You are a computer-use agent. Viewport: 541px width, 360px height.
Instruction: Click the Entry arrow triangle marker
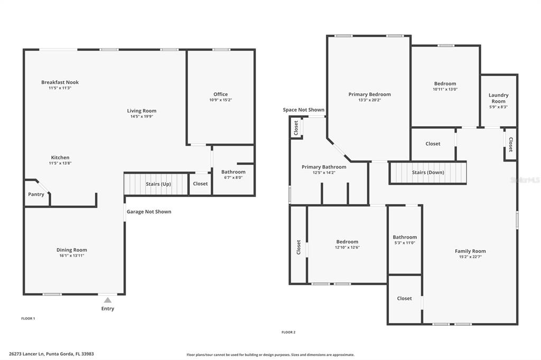click(x=108, y=300)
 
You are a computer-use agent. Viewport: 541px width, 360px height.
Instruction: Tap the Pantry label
click(x=36, y=194)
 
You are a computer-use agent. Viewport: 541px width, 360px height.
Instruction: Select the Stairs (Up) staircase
click(x=156, y=184)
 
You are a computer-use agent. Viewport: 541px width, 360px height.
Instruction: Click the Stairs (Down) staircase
click(x=428, y=173)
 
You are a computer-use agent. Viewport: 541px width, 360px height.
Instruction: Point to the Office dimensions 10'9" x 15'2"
click(x=220, y=100)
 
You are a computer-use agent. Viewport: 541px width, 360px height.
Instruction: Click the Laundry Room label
click(x=498, y=98)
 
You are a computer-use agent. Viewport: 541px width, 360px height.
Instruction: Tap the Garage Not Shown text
click(x=148, y=212)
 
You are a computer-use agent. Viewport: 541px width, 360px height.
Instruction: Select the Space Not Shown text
click(x=304, y=110)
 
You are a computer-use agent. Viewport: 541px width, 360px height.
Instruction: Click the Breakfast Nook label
click(x=60, y=82)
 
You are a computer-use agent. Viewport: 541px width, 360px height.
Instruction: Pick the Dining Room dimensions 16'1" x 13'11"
click(x=72, y=255)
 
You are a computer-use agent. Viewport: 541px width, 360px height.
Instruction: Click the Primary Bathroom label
click(x=324, y=167)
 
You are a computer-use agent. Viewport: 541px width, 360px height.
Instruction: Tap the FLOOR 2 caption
click(x=288, y=332)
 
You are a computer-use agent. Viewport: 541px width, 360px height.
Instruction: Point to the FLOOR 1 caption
click(x=28, y=318)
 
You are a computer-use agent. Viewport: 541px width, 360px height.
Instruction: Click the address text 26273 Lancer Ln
click(x=26, y=354)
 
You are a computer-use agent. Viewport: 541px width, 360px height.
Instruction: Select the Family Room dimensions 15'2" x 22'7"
click(x=470, y=257)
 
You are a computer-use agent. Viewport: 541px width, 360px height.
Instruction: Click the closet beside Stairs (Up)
click(x=200, y=184)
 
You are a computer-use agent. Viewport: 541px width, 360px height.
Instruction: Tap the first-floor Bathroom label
click(x=233, y=172)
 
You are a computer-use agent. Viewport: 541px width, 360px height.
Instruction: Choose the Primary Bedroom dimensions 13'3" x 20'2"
click(x=369, y=100)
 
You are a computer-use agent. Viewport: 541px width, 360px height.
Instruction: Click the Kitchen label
click(x=60, y=158)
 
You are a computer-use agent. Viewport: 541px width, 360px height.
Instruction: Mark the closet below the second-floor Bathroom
click(x=405, y=299)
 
